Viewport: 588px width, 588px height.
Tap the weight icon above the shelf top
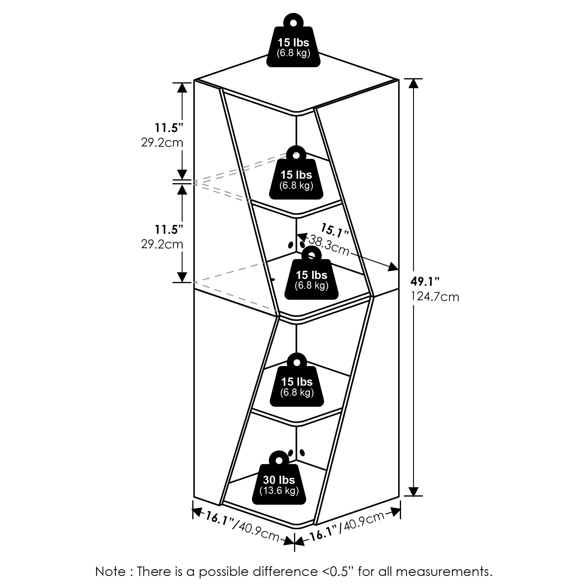click(293, 43)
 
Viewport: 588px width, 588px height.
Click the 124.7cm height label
click(435, 296)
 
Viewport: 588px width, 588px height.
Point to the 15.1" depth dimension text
click(335, 230)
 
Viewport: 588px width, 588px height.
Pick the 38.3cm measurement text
click(329, 245)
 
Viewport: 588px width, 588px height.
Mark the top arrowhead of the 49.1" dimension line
click(413, 83)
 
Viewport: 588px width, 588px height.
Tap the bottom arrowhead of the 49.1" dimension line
click(413, 491)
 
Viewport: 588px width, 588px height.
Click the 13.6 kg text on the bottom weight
click(279, 491)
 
